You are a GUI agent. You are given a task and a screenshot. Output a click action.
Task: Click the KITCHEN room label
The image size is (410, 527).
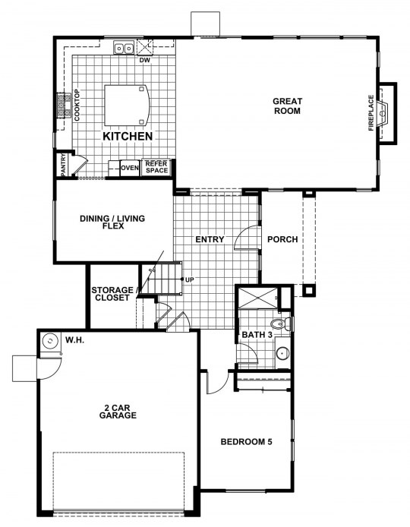point(128,136)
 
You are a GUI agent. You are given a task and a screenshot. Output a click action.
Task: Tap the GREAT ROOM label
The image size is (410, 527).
point(287,106)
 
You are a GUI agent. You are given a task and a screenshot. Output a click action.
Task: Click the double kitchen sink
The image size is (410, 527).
point(124,48)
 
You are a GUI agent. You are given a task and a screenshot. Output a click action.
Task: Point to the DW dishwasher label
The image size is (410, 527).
point(145,61)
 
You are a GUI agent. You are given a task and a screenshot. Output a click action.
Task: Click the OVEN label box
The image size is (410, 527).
point(130,168)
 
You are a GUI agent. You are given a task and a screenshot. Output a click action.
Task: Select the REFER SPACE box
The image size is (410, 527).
point(156,167)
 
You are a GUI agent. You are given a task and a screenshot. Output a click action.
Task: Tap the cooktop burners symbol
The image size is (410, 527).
point(61,106)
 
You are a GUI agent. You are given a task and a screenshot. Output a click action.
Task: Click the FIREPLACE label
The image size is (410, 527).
point(371,113)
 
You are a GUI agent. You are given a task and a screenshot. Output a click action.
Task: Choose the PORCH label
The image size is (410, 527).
point(282,239)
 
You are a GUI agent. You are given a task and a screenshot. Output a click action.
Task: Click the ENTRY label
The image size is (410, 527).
point(210,239)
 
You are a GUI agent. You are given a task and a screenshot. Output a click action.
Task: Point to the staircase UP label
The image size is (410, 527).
point(190,279)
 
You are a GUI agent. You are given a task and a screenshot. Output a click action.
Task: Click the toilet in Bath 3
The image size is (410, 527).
point(282,324)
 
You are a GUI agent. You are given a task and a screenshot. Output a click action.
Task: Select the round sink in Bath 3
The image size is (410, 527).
point(282,353)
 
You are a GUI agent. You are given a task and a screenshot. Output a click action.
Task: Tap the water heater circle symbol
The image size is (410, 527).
point(50,341)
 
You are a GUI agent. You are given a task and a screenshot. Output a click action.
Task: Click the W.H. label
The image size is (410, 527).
point(74,340)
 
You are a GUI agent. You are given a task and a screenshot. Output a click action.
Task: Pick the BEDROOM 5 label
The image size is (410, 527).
point(246,442)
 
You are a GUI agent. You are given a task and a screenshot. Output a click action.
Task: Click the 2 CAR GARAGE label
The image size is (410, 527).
point(118,412)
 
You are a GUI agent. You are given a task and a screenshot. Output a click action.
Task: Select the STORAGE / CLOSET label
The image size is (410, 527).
point(112,294)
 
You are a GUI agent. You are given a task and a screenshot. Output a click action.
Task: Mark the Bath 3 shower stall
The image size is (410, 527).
point(257,298)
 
